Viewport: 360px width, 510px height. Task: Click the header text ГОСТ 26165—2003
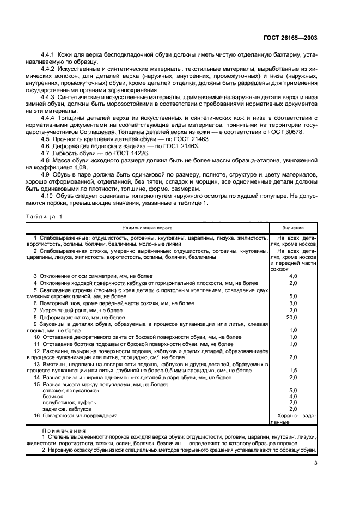(291, 38)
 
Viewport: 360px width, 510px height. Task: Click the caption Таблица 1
(45, 216)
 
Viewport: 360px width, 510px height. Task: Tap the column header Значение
(293, 228)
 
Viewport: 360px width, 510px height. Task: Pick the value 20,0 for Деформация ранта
(293, 317)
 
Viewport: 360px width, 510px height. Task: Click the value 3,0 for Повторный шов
(293, 303)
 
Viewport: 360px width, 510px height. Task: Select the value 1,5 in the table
(293, 370)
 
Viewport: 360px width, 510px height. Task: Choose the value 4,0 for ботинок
(293, 396)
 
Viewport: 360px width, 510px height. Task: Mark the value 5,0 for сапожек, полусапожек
(293, 390)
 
